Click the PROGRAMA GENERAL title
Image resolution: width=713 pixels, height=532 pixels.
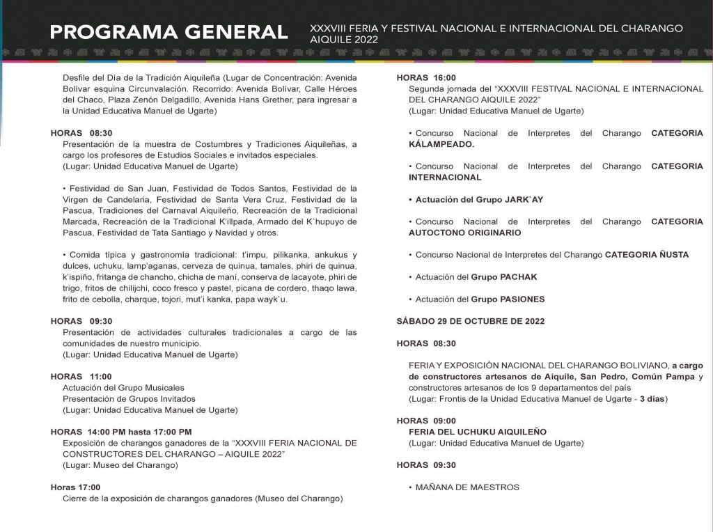click(169, 32)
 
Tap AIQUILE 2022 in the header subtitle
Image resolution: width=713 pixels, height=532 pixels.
click(344, 40)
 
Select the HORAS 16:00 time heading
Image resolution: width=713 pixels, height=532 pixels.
click(426, 78)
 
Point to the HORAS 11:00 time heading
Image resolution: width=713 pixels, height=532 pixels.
click(81, 377)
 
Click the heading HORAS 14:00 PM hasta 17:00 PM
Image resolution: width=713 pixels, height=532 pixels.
click(121, 432)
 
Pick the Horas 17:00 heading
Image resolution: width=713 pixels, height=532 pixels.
click(75, 487)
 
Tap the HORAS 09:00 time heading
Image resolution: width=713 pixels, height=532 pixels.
click(426, 421)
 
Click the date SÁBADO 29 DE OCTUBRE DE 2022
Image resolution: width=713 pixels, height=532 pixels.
click(470, 321)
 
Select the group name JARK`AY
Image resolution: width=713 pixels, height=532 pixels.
click(522, 200)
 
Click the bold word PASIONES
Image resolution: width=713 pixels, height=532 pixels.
click(522, 299)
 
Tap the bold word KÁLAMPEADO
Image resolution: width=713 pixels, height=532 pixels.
click(441, 144)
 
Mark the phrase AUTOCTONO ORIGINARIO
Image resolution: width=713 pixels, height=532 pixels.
click(464, 233)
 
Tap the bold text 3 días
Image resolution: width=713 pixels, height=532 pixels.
click(654, 399)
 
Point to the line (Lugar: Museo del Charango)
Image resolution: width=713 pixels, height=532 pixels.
click(120, 465)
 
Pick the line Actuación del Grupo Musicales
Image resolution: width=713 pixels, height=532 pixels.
click(123, 388)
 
